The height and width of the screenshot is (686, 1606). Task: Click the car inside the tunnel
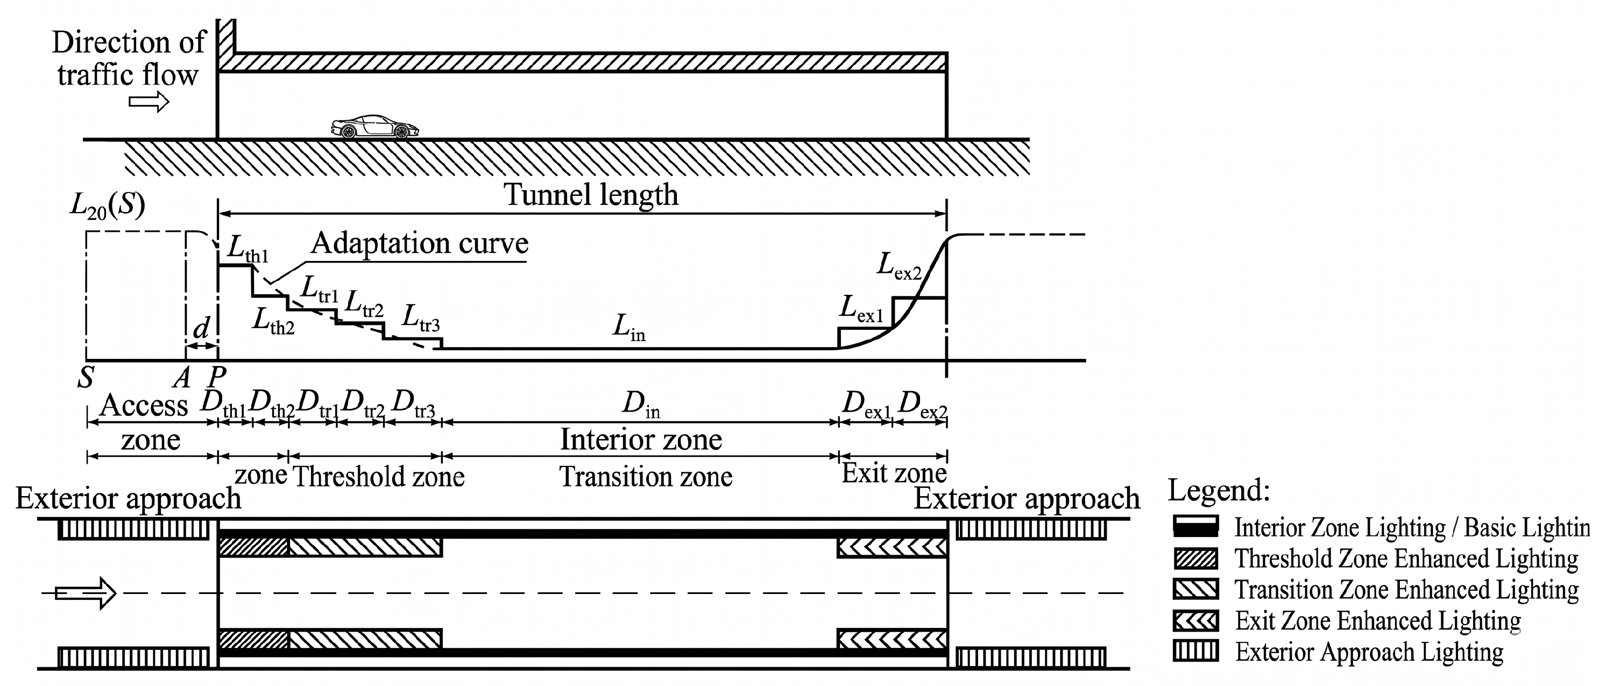[x=374, y=126]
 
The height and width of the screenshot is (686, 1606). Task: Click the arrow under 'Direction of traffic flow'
[x=149, y=101]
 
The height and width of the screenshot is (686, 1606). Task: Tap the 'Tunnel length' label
[x=590, y=195]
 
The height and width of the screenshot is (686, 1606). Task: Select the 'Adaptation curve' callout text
[x=420, y=243]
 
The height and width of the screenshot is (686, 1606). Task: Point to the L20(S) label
[x=107, y=206]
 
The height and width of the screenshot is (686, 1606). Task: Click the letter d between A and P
[x=201, y=328]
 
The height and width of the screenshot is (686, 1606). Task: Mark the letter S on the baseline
[x=86, y=377]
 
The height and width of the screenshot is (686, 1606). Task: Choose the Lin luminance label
[x=628, y=328]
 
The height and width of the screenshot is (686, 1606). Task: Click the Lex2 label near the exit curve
[x=898, y=266]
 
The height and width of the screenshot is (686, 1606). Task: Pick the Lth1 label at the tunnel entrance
[x=247, y=249]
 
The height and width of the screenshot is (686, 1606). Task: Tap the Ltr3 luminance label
[x=421, y=318]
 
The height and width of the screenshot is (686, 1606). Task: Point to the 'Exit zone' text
[x=894, y=473]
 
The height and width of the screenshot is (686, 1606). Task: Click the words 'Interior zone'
[x=641, y=439]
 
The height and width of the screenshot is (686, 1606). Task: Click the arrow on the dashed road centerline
[x=86, y=592]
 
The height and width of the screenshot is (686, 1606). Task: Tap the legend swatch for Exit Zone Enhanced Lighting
[x=1195, y=620]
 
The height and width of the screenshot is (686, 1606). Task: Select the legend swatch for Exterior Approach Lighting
[x=1195, y=651]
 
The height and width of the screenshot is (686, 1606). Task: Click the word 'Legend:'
[x=1219, y=491]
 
